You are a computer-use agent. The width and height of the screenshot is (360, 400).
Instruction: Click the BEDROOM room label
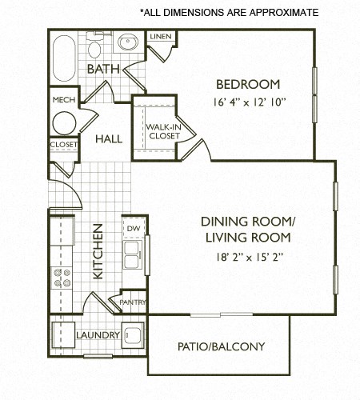248,84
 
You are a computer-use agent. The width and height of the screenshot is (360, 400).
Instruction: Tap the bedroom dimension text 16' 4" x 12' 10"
248,102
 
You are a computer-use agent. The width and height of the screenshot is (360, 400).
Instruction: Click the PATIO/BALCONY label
221,347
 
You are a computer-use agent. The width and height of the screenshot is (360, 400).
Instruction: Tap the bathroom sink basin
128,43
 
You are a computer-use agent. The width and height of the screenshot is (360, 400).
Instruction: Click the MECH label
63,100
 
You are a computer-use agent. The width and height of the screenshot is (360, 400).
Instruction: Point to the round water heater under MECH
63,122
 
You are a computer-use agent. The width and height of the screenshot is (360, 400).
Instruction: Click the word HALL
109,138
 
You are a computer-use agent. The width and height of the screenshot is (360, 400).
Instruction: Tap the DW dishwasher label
134,228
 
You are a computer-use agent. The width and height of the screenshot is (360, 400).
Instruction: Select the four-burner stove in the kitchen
62,278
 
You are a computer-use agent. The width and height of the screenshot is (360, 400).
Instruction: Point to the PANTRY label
132,302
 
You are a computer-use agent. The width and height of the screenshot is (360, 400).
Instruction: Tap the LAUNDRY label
98,334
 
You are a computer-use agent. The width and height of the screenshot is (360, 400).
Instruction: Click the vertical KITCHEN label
98,262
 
